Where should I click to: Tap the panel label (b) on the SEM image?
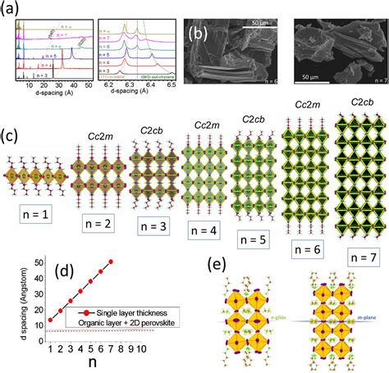pyautogui.click(x=197, y=34)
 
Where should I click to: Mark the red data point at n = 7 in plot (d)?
pyautogui.click(x=111, y=262)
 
